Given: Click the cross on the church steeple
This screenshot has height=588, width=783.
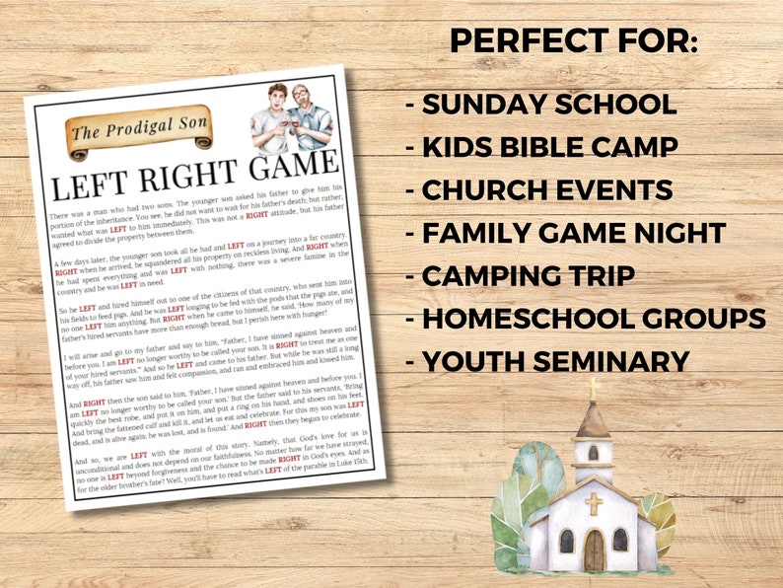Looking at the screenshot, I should coord(594,386).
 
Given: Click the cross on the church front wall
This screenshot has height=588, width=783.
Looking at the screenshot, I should coord(594,504).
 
